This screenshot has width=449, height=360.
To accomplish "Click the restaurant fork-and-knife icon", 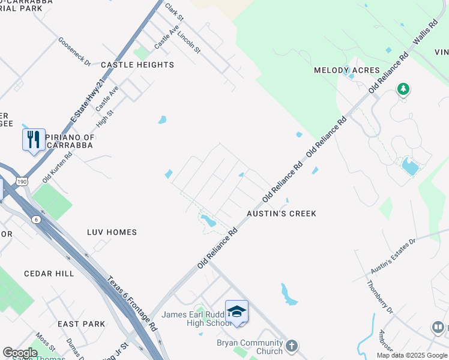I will pyautogui.click(x=34, y=140).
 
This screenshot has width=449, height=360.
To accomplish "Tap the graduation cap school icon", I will pyautogui.click(x=237, y=311).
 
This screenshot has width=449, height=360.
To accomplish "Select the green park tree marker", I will pyautogui.click(x=403, y=89).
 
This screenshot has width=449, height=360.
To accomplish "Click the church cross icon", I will pyautogui.click(x=291, y=346).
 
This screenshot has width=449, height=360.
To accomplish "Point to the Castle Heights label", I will pyautogui.click(x=137, y=65).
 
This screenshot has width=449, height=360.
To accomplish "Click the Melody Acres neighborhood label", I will pyautogui.click(x=347, y=70).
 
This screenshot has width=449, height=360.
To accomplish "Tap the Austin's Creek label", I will pyautogui.click(x=282, y=214).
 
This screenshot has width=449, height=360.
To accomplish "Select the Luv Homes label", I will pyautogui.click(x=112, y=232).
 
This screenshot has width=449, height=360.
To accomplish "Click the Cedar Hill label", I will pyautogui.click(x=49, y=274).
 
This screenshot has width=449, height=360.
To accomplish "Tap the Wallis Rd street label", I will pyautogui.click(x=424, y=37).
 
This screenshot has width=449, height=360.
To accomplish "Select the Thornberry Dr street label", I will pyautogui.click(x=379, y=298).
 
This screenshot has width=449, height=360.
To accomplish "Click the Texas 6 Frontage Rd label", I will pyautogui.click(x=132, y=304).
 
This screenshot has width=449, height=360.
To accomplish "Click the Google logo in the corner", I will pyautogui.click(x=20, y=353).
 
